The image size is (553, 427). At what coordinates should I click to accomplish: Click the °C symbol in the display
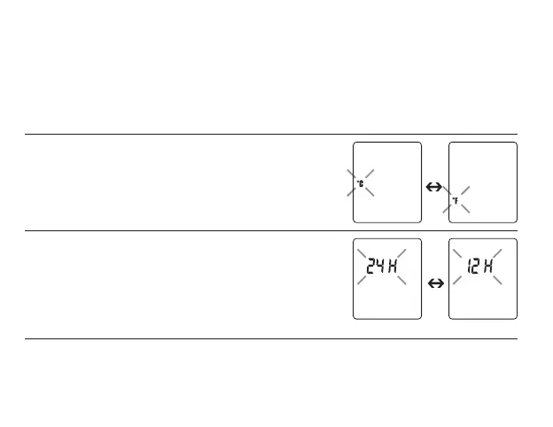(360, 183)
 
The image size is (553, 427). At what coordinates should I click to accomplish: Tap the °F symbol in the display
(456, 202)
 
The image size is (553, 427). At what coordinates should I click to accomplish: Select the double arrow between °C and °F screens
(434, 187)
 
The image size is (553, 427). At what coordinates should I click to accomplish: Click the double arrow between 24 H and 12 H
(434, 283)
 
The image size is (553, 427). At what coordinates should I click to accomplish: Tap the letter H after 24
(395, 264)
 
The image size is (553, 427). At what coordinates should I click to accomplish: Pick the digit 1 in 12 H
(470, 264)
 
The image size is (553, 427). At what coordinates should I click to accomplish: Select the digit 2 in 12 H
(478, 264)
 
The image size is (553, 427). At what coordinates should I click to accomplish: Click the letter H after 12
(491, 264)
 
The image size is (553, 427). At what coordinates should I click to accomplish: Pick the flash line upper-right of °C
(369, 172)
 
